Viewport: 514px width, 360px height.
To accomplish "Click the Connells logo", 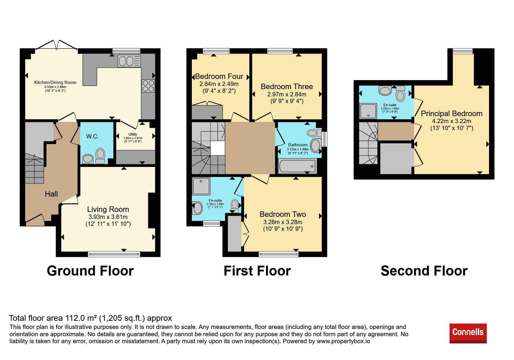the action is (468, 333).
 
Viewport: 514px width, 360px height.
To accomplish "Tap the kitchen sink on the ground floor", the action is (129, 61).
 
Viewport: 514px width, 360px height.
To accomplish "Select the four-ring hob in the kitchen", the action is (148, 86).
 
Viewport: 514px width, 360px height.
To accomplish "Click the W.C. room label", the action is (93, 136).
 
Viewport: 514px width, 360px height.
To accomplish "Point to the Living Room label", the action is (108, 209).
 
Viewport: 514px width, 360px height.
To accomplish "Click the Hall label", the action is (51, 194).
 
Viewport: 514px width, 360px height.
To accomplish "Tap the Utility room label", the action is (133, 134).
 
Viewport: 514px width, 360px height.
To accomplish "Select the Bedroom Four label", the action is (219, 76).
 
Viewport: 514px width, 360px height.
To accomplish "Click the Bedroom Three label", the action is (287, 87).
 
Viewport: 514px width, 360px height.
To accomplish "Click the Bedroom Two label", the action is (283, 214).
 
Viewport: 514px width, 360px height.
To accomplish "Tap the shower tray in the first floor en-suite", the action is (201, 186).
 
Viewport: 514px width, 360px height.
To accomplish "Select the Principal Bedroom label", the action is (452, 114).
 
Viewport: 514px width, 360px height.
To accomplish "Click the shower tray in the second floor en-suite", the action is (368, 111).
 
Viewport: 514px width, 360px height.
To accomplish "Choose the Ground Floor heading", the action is (90, 271).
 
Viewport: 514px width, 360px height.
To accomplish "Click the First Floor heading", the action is (257, 271).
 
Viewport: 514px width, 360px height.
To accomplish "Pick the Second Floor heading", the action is (424, 271).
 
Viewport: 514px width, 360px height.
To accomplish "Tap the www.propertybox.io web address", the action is (343, 341).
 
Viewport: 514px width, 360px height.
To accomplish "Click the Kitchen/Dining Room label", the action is (55, 82).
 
